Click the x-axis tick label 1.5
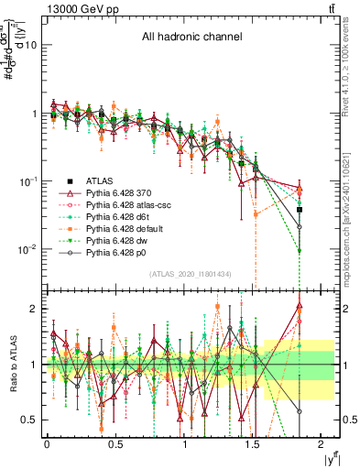tap(254, 444)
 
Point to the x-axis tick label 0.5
tap(116, 444)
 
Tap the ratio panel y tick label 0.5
tap(29, 420)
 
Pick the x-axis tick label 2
tap(322, 444)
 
